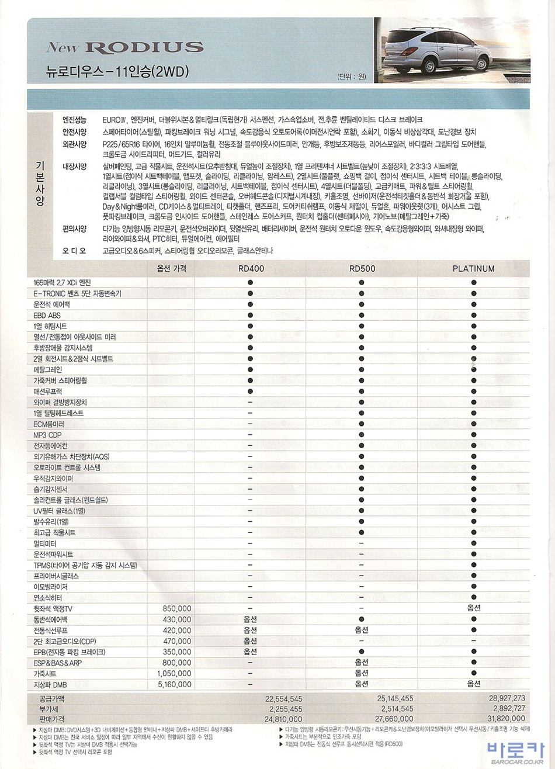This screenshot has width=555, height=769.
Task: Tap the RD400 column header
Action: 249,269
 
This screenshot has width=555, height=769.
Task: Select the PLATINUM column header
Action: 473,269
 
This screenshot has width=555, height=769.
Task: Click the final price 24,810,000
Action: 283,719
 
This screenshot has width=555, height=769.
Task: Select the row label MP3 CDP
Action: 48,435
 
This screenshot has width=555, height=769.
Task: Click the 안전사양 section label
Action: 74,132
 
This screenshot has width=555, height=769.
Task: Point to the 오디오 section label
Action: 74,251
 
